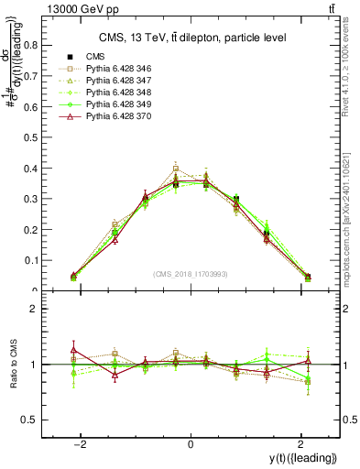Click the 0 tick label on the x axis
tap(191, 444)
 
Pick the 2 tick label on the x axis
tap(301, 444)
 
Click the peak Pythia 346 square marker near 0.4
tap(176, 169)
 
